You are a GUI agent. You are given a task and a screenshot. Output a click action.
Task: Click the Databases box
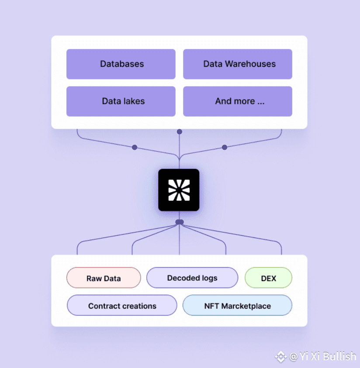[121, 64]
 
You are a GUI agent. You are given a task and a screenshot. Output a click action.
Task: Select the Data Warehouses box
[238, 64]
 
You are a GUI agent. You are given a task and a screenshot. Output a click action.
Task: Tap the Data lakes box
[121, 101]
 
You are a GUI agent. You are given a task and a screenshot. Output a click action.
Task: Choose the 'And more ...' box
[238, 101]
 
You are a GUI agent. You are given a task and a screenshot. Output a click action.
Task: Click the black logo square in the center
[179, 190]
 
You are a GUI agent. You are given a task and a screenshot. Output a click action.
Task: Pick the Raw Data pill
[104, 278]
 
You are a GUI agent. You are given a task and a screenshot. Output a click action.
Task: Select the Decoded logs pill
[192, 278]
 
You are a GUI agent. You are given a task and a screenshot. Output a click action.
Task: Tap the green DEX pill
[268, 278]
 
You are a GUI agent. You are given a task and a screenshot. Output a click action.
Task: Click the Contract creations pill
[122, 305]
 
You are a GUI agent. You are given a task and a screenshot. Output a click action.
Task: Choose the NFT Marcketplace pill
[237, 305]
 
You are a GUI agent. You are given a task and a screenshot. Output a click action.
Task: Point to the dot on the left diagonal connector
[135, 148]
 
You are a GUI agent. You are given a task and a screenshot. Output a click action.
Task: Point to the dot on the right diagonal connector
[225, 148]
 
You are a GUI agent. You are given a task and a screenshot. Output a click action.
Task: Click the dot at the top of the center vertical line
[180, 132]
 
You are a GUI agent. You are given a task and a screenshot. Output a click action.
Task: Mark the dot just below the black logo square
[180, 222]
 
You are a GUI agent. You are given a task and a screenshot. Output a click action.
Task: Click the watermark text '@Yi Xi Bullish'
[323, 356]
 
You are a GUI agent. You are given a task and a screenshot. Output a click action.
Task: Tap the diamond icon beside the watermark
[281, 357]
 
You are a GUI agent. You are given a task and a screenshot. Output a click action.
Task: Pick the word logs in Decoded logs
[209, 279]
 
